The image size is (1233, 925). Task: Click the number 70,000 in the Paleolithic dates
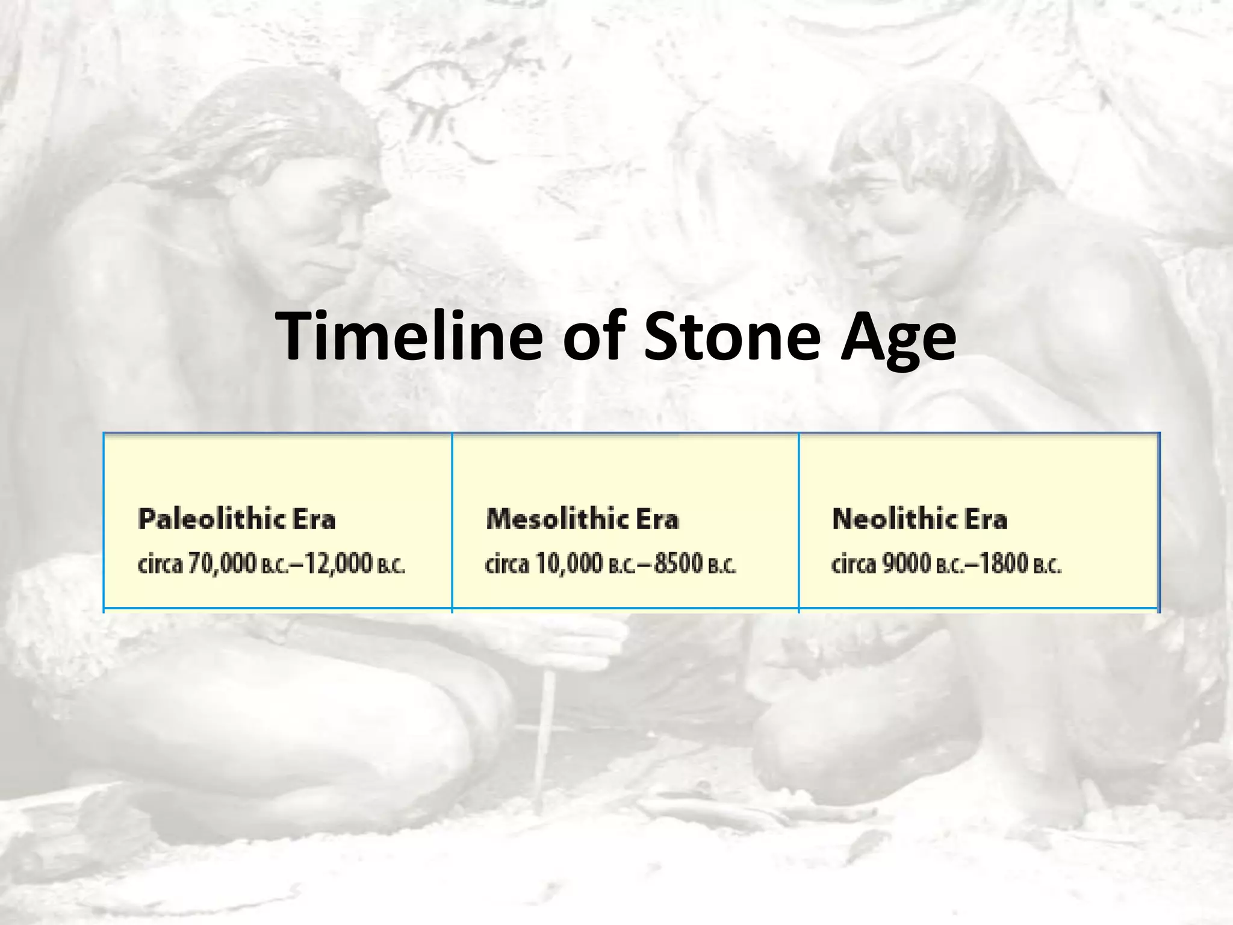223,564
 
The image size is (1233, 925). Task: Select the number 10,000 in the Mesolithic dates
569,564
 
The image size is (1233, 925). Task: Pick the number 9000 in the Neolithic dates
907,564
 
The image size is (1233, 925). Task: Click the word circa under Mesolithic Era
507,564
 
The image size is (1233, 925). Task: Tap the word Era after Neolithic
986,519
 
